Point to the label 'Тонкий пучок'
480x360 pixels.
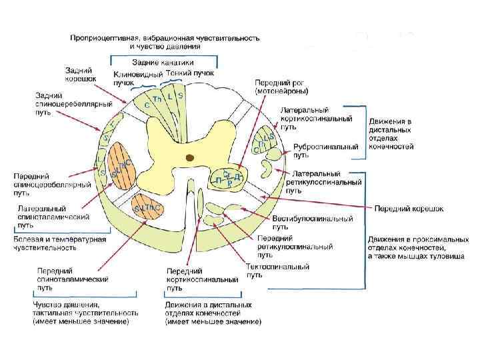[x=189, y=73]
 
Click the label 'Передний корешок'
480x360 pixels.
[x=409, y=209]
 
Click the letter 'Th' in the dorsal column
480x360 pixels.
[x=157, y=99]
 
